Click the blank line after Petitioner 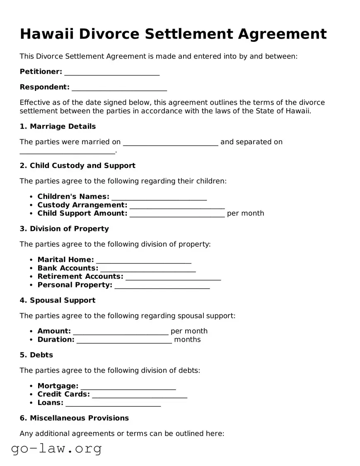pyautogui.click(x=112, y=72)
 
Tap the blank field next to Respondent pyautogui.click(x=119, y=87)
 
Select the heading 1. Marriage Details pyautogui.click(x=58, y=126)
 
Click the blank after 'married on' pyautogui.click(x=171, y=142)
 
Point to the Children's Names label pyautogui.click(x=73, y=197)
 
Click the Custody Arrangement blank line pyautogui.click(x=177, y=205)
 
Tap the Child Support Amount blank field pyautogui.click(x=177, y=214)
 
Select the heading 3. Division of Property pyautogui.click(x=64, y=229)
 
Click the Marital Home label pyautogui.click(x=65, y=260)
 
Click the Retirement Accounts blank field pyautogui.click(x=173, y=277)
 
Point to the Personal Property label pyautogui.click(x=75, y=285)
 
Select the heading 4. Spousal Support pyautogui.click(x=58, y=300)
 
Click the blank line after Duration pyautogui.click(x=124, y=340)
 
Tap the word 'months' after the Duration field pyautogui.click(x=187, y=340)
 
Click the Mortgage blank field pyautogui.click(x=128, y=386)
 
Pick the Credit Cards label pyautogui.click(x=63, y=394)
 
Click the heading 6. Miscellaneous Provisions pyautogui.click(x=74, y=418)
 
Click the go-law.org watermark pyautogui.click(x=56, y=448)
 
